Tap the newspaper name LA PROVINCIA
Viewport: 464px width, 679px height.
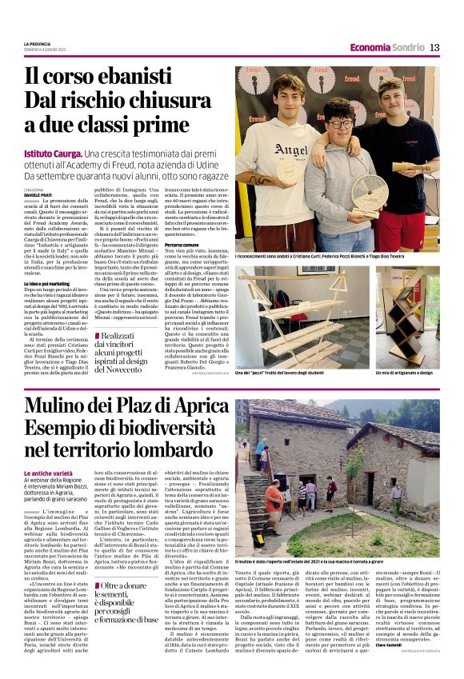[38, 43]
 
